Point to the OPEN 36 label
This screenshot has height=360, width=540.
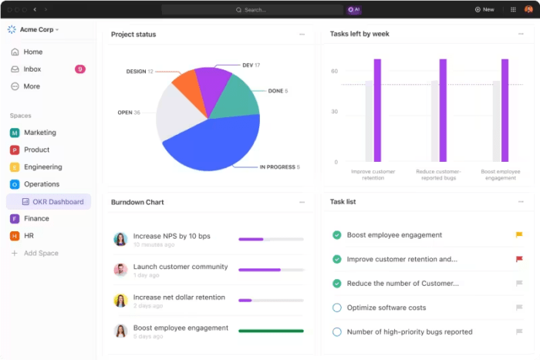click(x=129, y=113)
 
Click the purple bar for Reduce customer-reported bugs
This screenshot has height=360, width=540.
click(x=443, y=110)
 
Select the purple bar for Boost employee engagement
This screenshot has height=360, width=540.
click(x=505, y=110)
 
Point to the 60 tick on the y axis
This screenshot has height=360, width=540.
click(x=335, y=71)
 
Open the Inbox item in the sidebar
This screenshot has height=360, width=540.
click(x=32, y=69)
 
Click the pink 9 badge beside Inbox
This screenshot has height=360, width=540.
click(x=80, y=69)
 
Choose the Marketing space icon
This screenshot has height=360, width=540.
click(x=15, y=133)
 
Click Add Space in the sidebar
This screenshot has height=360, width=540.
click(x=40, y=253)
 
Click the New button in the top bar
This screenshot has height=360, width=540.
click(x=484, y=9)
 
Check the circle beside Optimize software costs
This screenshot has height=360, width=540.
click(x=337, y=308)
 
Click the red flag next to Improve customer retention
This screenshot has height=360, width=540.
click(x=519, y=259)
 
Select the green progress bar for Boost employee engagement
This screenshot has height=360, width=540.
click(x=271, y=330)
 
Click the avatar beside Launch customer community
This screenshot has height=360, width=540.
click(x=120, y=270)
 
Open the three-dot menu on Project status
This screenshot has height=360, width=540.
click(x=302, y=34)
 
